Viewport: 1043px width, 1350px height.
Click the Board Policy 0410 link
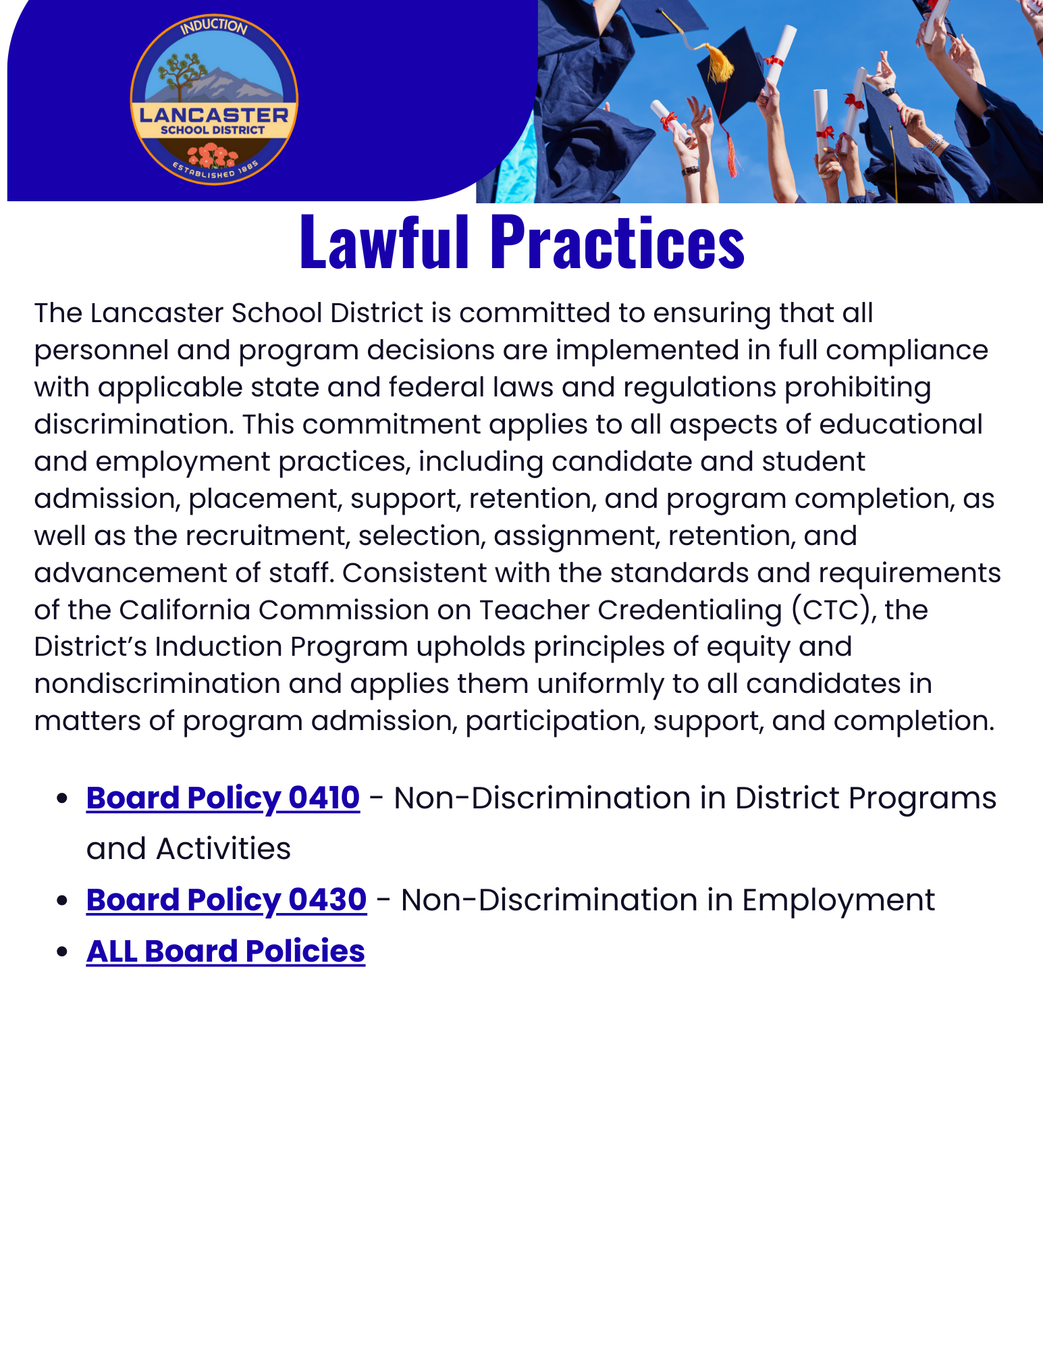[x=223, y=798]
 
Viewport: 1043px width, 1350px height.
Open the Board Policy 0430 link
[x=226, y=900]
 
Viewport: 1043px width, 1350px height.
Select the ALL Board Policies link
[x=225, y=951]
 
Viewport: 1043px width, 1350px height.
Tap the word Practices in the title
[x=617, y=242]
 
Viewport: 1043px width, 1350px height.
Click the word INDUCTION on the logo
[x=214, y=27]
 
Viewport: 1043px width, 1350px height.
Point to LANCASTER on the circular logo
[x=213, y=114]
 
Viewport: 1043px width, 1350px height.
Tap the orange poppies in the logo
[x=213, y=157]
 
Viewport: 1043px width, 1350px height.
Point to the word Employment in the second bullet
[x=838, y=900]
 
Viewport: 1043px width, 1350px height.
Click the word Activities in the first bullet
[x=223, y=849]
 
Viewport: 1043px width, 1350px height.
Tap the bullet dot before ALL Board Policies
[x=63, y=952]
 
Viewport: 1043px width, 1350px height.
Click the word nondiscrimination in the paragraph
[x=157, y=683]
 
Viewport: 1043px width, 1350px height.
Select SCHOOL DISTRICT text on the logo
[x=213, y=130]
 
